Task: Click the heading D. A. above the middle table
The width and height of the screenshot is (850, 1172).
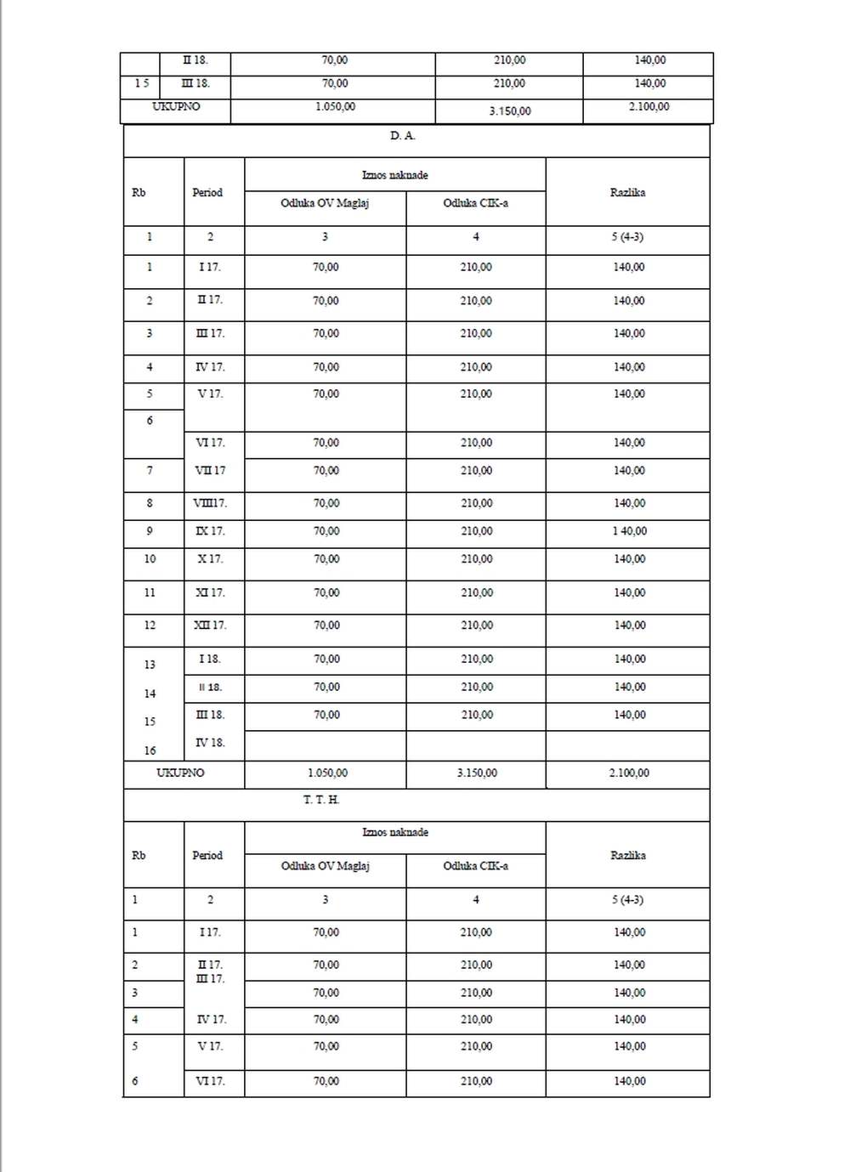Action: click(403, 136)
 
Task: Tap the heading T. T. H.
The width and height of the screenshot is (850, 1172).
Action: click(321, 800)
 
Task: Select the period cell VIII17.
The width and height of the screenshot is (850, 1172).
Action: click(210, 503)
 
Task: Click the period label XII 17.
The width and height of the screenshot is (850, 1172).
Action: click(210, 625)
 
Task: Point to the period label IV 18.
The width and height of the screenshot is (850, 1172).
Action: click(210, 742)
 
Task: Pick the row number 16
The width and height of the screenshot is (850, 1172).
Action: click(150, 750)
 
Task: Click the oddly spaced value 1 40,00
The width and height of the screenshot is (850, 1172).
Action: click(629, 531)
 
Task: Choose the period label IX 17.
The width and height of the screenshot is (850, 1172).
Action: click(210, 531)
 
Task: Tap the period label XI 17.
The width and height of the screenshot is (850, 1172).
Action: click(210, 592)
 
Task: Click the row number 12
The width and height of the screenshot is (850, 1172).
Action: click(150, 625)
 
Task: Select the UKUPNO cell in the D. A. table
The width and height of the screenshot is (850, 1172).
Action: click(180, 773)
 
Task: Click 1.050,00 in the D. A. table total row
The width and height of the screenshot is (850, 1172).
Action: click(327, 773)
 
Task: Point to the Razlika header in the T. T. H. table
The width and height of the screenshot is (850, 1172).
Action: click(627, 855)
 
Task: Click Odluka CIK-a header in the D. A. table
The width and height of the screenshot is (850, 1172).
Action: click(475, 203)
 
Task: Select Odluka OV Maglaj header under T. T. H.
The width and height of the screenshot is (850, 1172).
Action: click(325, 865)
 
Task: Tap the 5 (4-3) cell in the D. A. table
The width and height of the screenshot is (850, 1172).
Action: click(627, 236)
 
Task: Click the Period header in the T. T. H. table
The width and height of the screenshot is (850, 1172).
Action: click(207, 855)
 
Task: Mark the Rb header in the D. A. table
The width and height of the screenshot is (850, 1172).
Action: click(139, 193)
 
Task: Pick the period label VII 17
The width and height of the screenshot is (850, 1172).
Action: click(210, 470)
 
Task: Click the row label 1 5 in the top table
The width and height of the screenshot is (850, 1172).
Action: click(141, 83)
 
